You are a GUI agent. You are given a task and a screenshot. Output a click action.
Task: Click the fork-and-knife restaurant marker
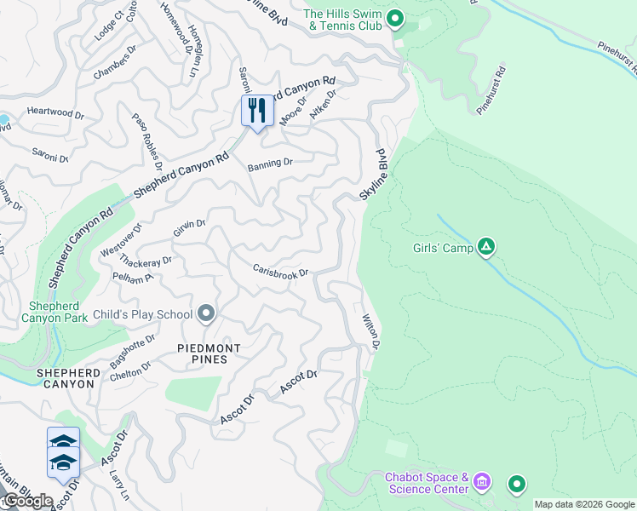tap(256, 110)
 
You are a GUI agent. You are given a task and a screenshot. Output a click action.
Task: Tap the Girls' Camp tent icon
tap(485, 248)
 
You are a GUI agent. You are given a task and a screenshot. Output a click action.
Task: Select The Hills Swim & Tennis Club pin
tap(394, 18)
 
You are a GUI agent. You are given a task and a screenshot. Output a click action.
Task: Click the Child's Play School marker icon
tap(206, 314)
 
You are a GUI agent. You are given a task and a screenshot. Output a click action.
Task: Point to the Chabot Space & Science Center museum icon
tap(482, 483)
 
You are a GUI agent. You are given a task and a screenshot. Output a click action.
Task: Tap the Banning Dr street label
tap(270, 162)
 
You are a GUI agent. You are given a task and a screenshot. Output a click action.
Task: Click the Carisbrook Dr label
tap(280, 272)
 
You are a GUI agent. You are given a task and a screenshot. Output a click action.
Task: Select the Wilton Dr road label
tap(370, 330)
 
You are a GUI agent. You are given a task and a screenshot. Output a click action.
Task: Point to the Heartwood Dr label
tap(55, 112)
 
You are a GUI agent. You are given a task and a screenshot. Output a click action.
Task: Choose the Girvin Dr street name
tap(190, 227)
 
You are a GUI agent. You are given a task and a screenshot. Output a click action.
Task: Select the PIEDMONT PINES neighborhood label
tap(209, 353)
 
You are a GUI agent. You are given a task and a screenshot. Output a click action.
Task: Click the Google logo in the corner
tap(27, 501)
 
